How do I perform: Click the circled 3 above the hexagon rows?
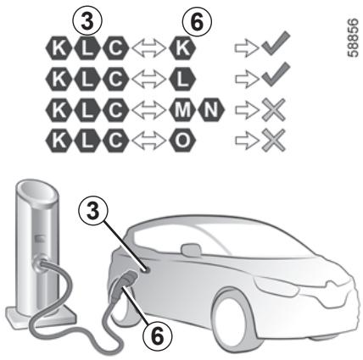point(87,22)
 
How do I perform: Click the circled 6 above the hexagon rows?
point(197,22)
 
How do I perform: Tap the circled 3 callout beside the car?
point(93,211)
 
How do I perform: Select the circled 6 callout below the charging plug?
point(158,336)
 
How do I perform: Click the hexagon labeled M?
point(182,109)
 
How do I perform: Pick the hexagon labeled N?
point(211,109)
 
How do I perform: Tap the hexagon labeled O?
point(182,140)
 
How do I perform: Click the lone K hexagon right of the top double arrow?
point(182,48)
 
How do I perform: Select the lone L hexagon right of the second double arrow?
point(182,79)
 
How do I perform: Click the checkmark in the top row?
point(276,45)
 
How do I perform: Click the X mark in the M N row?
point(273,109)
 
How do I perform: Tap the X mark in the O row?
point(273,140)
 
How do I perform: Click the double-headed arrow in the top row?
point(149,48)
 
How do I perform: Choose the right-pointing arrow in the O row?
point(247,140)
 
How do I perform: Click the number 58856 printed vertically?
point(353,37)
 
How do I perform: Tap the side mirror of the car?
point(192,251)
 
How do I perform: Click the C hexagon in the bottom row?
point(115,140)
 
